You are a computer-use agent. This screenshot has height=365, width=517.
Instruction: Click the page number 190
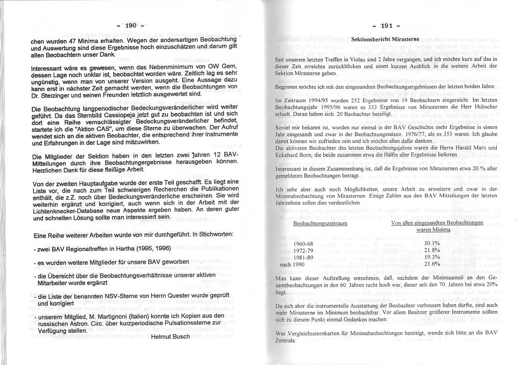click(x=131, y=26)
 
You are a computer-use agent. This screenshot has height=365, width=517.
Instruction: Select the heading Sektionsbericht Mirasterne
click(x=385, y=39)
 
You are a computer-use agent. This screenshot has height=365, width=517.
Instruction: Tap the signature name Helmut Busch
click(x=170, y=336)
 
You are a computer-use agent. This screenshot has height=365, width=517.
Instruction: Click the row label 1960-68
click(x=303, y=243)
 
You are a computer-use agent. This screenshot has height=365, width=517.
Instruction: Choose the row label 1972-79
click(x=303, y=250)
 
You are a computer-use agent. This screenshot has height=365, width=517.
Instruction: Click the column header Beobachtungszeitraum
click(x=320, y=223)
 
